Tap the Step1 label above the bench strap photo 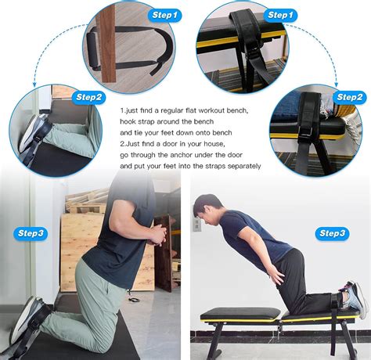pos(279,15)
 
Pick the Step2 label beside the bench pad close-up pos(350,97)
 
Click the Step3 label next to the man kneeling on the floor pos(31,233)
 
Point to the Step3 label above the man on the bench pos(332,233)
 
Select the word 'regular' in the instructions pos(171,111)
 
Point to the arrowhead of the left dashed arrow pos(35,83)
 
